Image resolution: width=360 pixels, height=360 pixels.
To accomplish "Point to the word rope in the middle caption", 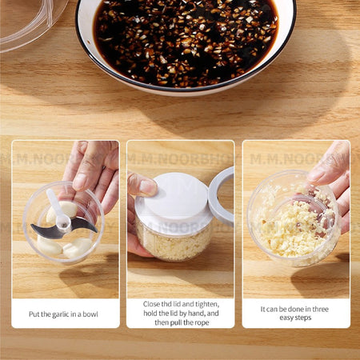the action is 202,322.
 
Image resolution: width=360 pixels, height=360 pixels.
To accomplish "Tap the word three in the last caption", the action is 320,309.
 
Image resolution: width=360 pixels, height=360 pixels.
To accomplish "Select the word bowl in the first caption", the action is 90,314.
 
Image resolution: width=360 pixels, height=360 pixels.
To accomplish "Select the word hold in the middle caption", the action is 150,313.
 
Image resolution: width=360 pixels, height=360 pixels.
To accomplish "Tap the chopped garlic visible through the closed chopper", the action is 173,244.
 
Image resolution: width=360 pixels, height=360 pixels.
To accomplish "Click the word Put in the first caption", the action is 34,314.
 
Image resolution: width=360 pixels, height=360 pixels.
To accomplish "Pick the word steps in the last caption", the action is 303,318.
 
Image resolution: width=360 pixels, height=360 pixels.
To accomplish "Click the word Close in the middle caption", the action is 151,304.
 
